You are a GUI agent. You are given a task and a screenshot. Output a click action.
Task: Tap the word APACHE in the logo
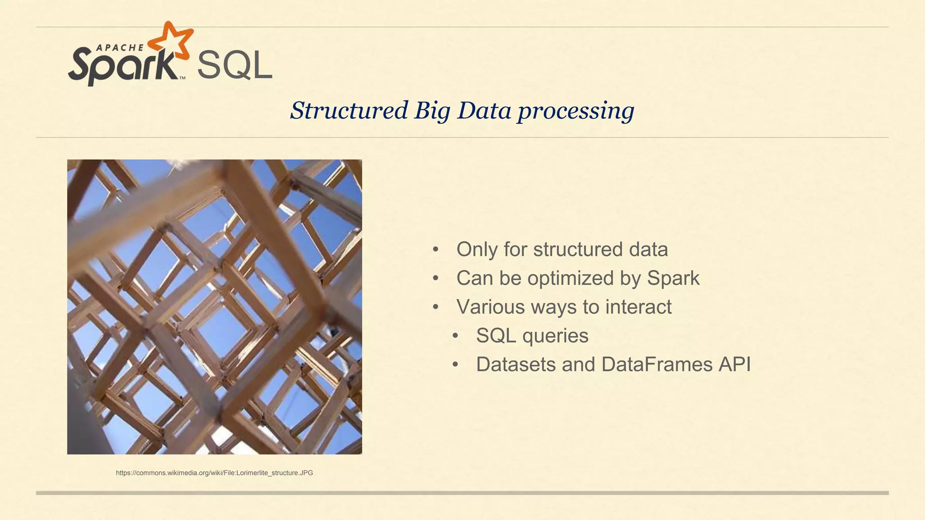tap(120, 47)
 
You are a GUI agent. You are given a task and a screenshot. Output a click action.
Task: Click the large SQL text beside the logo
tap(234, 66)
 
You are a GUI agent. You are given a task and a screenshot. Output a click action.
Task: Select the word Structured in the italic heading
tap(349, 111)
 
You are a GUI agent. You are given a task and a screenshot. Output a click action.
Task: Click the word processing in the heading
tap(576, 111)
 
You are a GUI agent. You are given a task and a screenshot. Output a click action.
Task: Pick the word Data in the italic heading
tap(484, 111)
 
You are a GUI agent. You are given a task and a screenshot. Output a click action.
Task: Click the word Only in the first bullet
tap(477, 249)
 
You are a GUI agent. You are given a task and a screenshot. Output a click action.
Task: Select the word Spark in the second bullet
tap(673, 278)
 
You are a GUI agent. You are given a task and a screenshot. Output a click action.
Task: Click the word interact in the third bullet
tap(638, 307)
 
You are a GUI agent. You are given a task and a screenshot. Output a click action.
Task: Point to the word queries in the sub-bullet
tap(555, 336)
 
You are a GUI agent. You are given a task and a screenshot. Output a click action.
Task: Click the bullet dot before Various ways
tap(435, 307)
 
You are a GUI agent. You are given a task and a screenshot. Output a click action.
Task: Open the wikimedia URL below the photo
tap(214, 473)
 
